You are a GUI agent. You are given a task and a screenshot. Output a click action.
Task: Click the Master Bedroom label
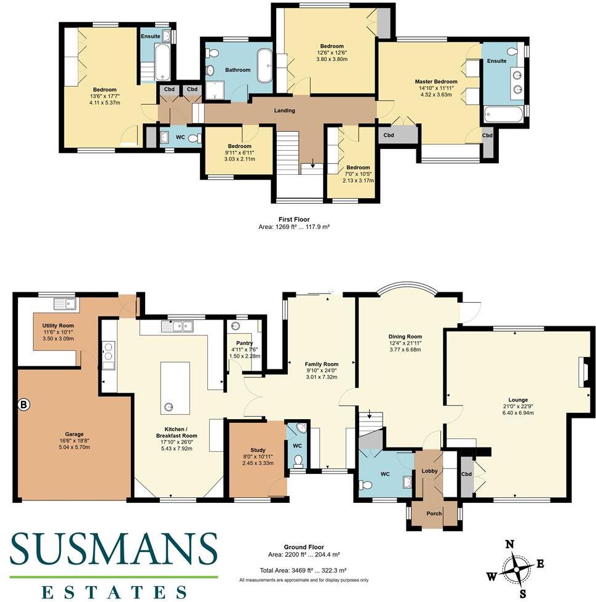click(x=436, y=81)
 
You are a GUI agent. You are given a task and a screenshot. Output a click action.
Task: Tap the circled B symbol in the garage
click(x=24, y=405)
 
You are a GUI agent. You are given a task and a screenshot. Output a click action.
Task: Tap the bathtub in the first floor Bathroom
click(x=264, y=66)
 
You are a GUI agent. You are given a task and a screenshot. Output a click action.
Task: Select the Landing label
click(x=285, y=111)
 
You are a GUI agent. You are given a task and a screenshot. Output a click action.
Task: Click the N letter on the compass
click(x=509, y=544)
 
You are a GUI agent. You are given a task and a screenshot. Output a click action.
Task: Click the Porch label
click(x=434, y=513)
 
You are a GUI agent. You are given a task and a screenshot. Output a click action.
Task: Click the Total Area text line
click(x=304, y=571)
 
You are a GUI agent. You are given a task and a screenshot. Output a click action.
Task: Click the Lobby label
click(x=428, y=472)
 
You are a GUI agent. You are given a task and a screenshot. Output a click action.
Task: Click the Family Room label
click(x=322, y=364)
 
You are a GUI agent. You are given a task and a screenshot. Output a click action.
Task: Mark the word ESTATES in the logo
click(x=114, y=592)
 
